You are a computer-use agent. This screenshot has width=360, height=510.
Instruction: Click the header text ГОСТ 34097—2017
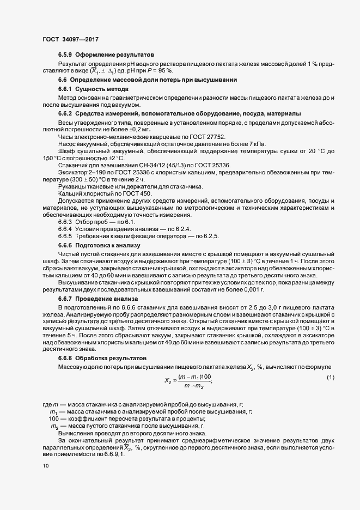[x=70, y=39]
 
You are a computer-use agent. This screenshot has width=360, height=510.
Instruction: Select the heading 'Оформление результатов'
[x=115, y=55]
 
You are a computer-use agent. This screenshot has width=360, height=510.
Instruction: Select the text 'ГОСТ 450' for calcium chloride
[x=133, y=195]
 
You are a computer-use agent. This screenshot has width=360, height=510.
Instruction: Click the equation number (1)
[x=330, y=378]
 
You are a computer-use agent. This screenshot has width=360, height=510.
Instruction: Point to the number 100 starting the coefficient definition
[x=53, y=418]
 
